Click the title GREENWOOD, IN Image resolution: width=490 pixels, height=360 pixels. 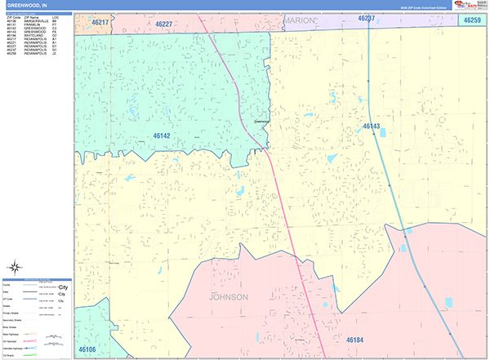[x=25, y=6]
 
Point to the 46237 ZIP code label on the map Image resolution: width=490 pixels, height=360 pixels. [x=367, y=17]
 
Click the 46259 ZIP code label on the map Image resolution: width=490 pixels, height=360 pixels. [x=472, y=19]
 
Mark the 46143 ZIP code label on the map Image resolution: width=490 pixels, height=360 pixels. [x=372, y=127]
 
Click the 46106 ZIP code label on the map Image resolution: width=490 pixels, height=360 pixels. [x=87, y=349]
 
